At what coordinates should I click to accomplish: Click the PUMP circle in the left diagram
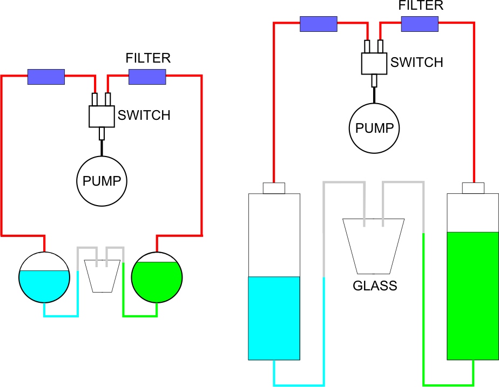pos(102,181)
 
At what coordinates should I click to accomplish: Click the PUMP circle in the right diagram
pos(374,128)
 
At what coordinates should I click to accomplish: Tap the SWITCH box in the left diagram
pos(102,116)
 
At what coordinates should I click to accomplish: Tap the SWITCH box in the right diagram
pos(374,63)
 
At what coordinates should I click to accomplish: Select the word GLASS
pos(375,286)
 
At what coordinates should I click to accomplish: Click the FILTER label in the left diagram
pos(148,58)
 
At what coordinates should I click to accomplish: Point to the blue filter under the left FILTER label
pos(147,77)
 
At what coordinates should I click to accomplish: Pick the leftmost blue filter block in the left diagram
pos(46,77)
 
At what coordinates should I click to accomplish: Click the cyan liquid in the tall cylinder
pos(274,318)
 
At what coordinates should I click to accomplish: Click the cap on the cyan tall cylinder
pos(274,188)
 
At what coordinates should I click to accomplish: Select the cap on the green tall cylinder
pos(474,188)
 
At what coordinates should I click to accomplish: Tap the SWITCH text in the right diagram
pos(416,62)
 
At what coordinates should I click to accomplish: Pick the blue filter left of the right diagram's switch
pos(319,24)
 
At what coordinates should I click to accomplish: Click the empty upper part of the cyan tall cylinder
pos(274,235)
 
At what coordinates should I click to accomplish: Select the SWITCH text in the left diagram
pos(144,115)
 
